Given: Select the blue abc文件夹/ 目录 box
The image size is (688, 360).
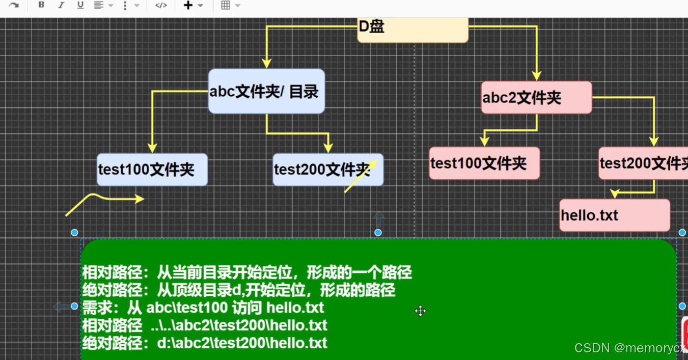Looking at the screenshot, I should coord(266,92).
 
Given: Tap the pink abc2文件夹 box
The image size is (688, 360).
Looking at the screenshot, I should coord(536,98).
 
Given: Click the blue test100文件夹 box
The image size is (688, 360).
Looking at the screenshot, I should coord(152,170).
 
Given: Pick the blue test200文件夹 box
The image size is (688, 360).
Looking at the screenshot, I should coord(327,170).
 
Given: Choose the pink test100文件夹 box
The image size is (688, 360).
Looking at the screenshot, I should coord(484,163).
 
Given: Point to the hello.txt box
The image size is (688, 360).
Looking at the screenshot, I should coord(614,215).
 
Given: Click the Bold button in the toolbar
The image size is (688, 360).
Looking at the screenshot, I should coord(41,5).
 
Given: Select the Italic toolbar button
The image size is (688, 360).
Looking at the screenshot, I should coord(61,5).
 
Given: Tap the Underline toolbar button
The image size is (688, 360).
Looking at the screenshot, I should coord(80,5).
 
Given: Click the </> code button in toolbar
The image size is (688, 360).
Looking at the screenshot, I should coord(161,5).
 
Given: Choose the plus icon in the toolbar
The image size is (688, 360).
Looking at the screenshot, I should coord(188,5).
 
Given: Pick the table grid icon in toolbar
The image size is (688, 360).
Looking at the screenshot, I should coord(226,5).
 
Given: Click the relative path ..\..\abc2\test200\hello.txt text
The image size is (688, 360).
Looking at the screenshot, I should coord(239,325).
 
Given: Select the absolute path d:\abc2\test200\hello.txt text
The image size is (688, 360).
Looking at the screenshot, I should coord(242,343).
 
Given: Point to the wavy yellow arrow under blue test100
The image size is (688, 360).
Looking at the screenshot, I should coord(104,201).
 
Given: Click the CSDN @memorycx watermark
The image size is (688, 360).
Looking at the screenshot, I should coord(630,348).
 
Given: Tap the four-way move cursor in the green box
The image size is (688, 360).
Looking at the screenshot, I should coord(420,311).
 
